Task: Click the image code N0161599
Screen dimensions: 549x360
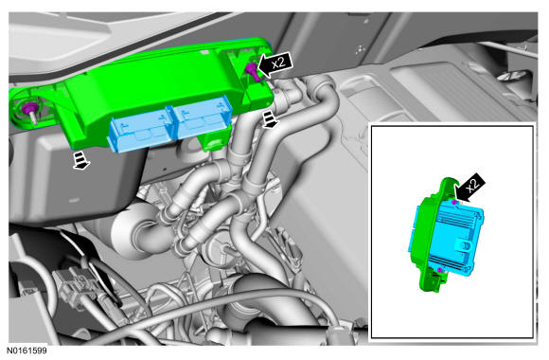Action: click(x=27, y=351)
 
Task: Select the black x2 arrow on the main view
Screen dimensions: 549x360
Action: click(x=275, y=64)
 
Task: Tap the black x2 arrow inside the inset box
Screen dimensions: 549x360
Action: click(x=470, y=187)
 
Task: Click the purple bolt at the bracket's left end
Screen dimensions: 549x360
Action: click(x=27, y=109)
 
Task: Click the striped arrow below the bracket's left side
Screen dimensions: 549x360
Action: click(x=81, y=160)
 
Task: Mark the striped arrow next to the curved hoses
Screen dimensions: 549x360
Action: click(x=271, y=118)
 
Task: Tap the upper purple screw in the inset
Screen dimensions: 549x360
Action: click(x=453, y=202)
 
